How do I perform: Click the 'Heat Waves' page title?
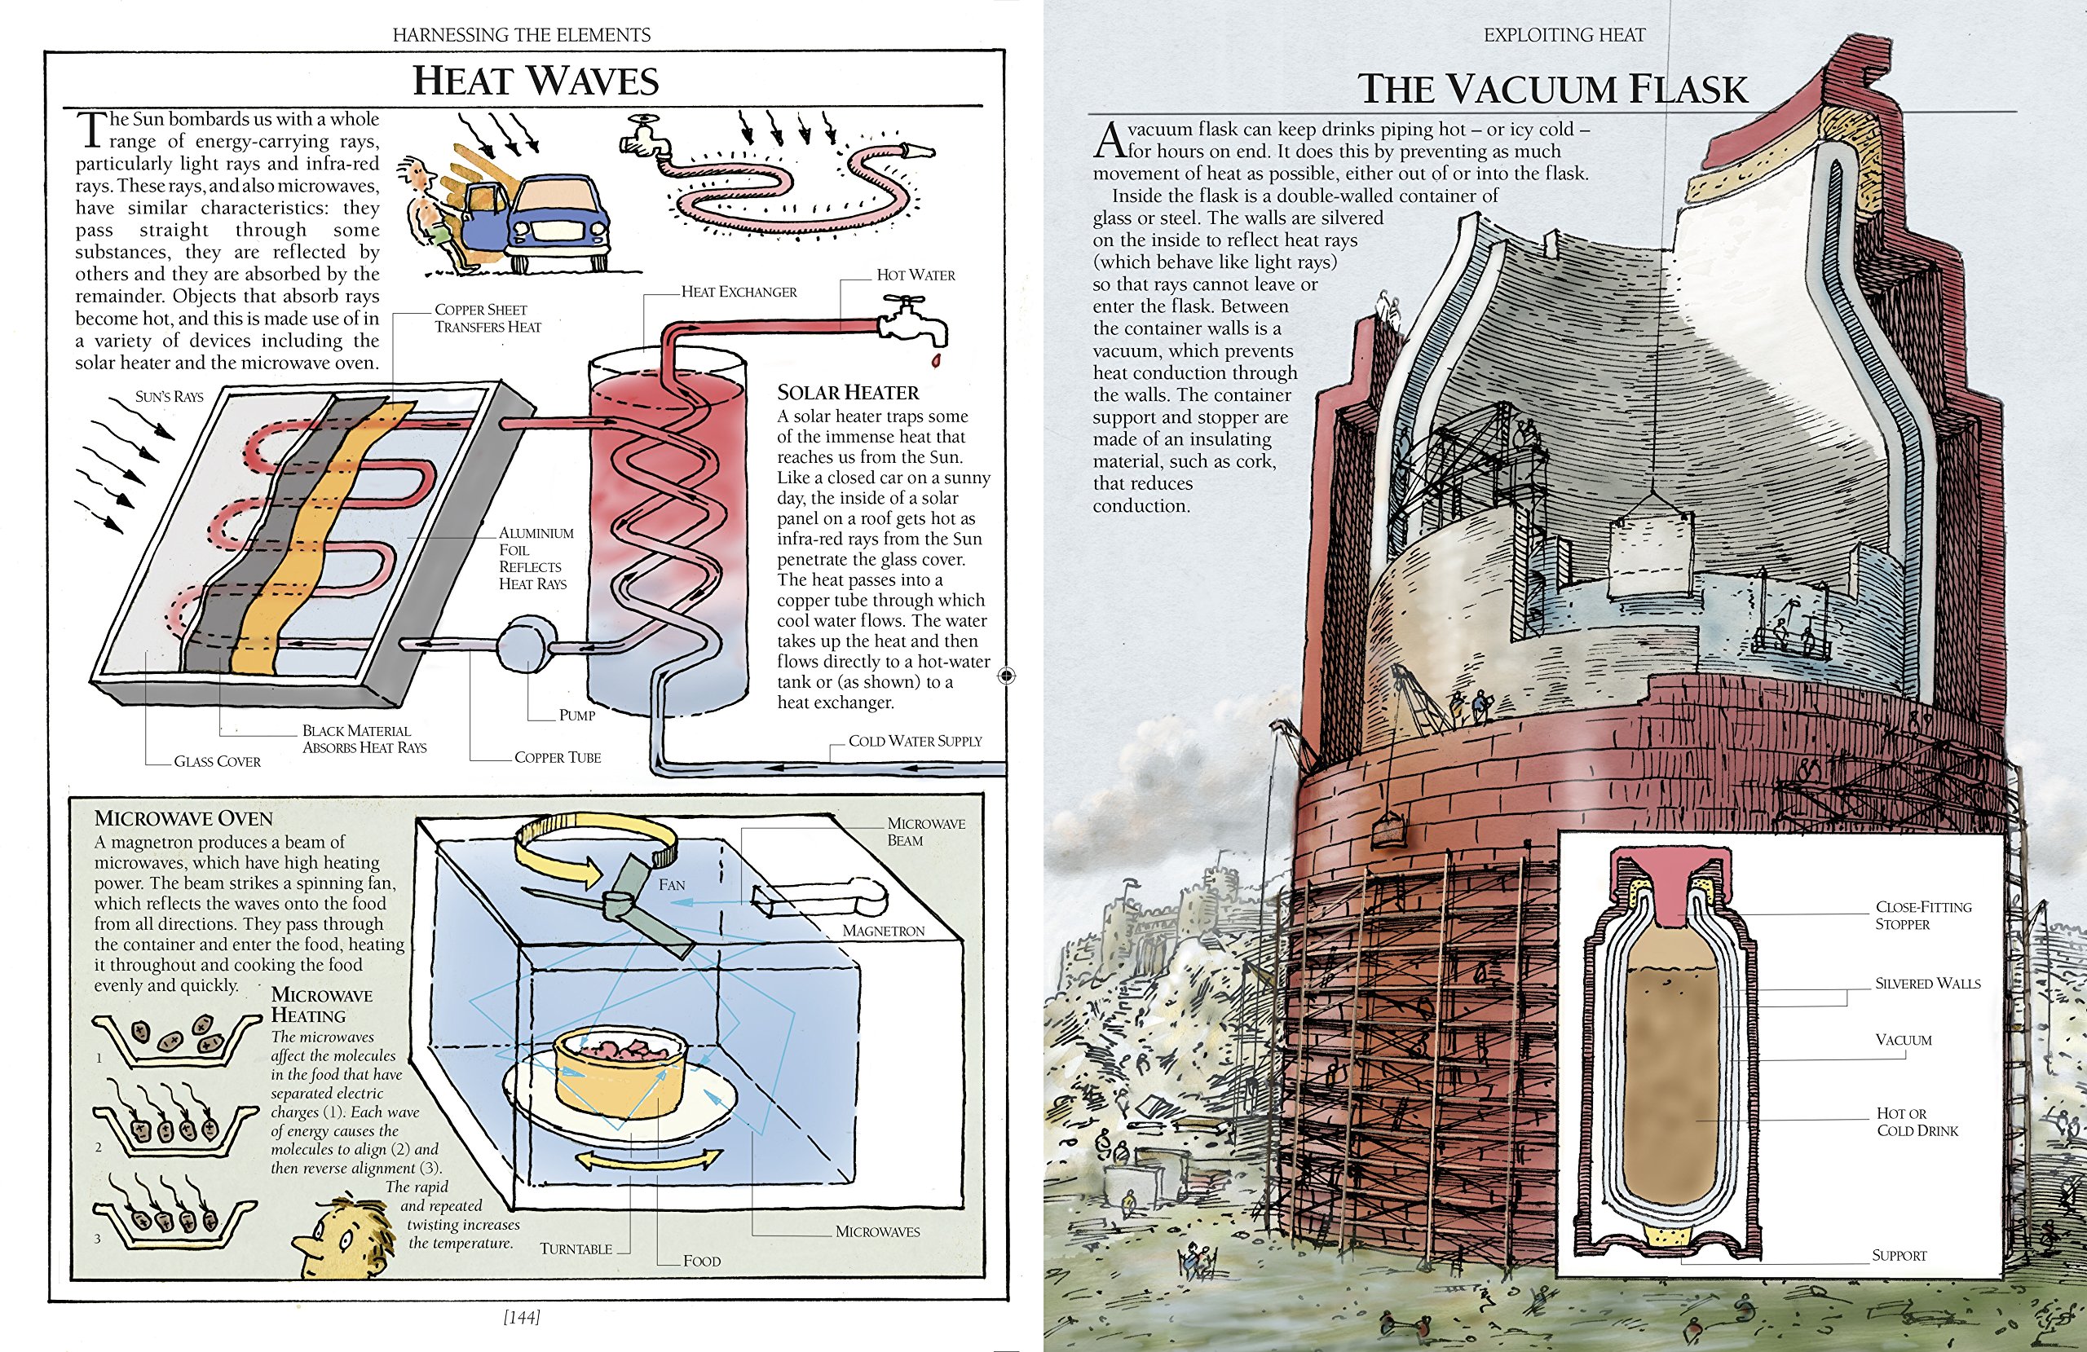point(535,81)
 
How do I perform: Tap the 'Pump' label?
point(577,716)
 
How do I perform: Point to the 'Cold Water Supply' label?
point(915,742)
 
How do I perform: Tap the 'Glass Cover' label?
point(217,762)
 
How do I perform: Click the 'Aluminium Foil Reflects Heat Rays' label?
point(535,558)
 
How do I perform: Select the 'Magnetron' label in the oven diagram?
point(883,931)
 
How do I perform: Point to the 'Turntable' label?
point(576,1249)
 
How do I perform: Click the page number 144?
point(522,1317)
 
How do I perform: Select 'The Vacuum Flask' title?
point(1552,90)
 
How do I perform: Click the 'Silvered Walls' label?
point(1927,984)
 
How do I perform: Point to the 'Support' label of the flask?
point(1899,1256)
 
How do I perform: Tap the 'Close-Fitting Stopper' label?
point(1923,915)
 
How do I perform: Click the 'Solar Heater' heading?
point(848,393)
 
